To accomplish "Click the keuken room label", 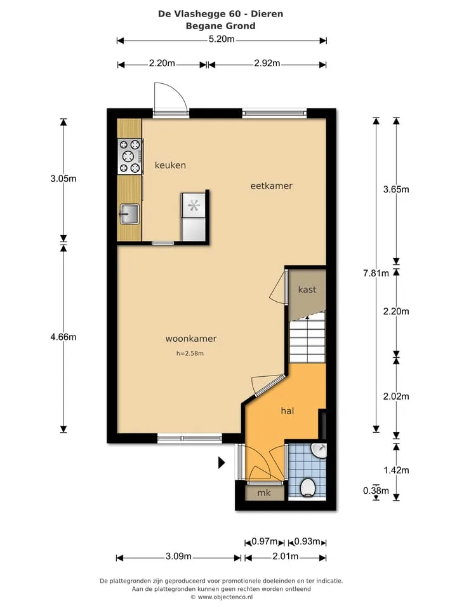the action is click(170, 165).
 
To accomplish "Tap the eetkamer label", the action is click(271, 186).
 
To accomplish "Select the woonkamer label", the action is click(191, 339).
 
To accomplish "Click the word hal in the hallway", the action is click(287, 411).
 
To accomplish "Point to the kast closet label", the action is click(307, 290).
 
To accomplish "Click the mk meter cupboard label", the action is click(264, 493).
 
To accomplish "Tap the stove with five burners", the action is click(129, 156).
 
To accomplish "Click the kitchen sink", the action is click(129, 214).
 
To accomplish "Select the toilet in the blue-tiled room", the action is click(308, 487).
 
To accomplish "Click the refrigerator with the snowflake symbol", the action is click(194, 217).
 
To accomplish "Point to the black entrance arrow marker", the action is click(222, 463).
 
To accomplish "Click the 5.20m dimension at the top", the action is click(222, 39).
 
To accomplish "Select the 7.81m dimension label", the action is click(376, 273).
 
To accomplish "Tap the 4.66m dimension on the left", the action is click(63, 337).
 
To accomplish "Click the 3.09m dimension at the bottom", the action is click(178, 557).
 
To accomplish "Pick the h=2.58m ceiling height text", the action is click(190, 353).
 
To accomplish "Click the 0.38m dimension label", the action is click(376, 491).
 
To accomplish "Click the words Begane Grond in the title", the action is click(221, 26).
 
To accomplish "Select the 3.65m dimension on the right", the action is click(396, 189).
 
